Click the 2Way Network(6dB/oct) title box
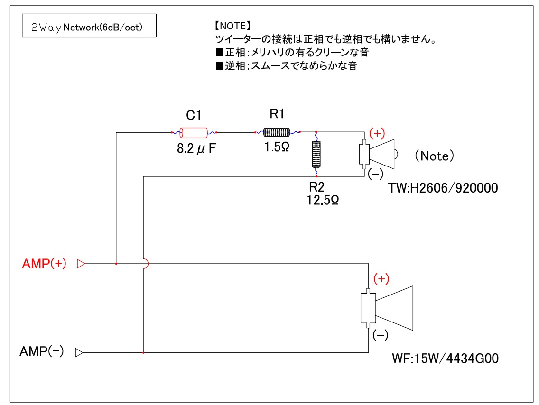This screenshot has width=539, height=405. point(89,27)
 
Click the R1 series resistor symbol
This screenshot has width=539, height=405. point(276,132)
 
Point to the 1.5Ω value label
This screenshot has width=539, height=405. point(277,147)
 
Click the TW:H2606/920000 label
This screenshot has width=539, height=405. point(443,188)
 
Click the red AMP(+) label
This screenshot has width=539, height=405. point(44,264)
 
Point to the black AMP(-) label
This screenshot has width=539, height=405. point(42,352)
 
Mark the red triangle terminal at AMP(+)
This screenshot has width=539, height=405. point(81,264)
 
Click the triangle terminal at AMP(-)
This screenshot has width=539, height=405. point(79,352)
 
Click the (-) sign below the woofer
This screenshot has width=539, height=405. point(380,335)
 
